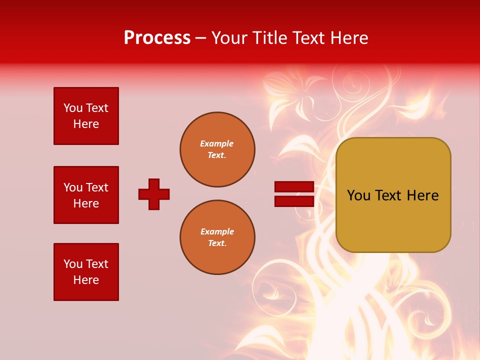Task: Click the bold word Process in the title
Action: coord(157,38)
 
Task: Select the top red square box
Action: coord(86,116)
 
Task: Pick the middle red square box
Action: coord(86,195)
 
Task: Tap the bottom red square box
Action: coord(86,272)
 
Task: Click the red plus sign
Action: coord(154,194)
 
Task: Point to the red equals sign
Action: coord(294,194)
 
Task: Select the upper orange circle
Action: coord(217,149)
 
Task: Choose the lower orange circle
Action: coord(217,237)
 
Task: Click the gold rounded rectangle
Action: coord(393,195)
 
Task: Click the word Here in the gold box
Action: coord(422,195)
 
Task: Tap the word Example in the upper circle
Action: coord(217,143)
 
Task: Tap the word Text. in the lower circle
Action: coord(217,243)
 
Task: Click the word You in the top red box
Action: coord(73,108)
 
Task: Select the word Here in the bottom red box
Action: coord(86,280)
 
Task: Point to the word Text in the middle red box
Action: coord(96,187)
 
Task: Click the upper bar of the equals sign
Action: coord(294,186)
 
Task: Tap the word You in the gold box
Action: coord(358,195)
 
